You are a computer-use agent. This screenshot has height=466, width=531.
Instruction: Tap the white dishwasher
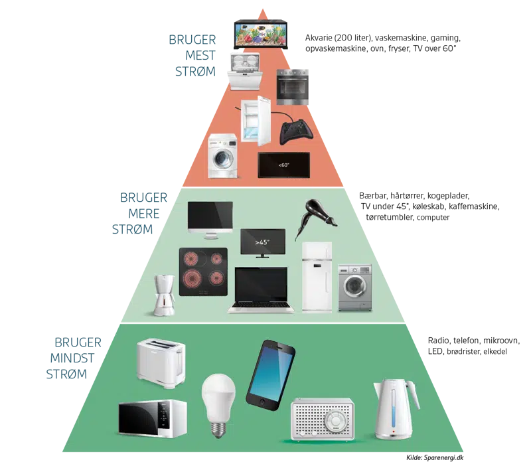coord(245,71)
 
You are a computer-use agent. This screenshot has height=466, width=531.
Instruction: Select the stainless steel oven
coord(293,86)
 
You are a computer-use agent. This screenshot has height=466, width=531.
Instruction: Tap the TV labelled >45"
coord(263,243)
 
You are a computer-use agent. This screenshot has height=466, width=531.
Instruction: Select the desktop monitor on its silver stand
coord(210,220)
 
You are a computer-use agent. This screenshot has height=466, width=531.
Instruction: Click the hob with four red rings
coord(203,272)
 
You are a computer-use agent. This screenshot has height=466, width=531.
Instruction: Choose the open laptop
coord(262,289)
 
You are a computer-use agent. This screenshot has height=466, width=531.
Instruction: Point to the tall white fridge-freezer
coord(316,275)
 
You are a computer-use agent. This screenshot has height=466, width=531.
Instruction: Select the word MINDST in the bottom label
coord(75,358)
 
